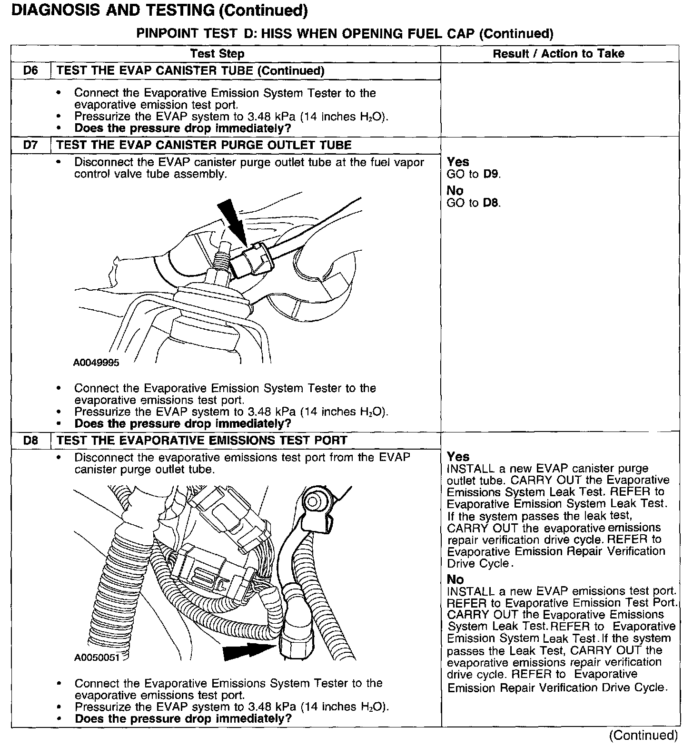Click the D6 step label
[30, 71]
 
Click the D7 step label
[30, 145]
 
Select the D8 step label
[30, 441]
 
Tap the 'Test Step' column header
[217, 54]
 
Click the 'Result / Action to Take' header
[558, 54]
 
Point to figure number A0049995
[96, 363]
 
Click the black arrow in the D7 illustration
[233, 221]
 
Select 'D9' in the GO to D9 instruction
[492, 174]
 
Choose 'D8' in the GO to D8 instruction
[492, 203]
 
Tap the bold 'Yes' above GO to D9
[458, 162]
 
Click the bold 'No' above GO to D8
[455, 191]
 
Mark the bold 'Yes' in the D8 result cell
[458, 457]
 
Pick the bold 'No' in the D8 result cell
[455, 579]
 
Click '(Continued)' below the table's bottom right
[643, 735]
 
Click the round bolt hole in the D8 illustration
[314, 501]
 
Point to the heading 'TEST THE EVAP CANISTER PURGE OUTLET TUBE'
[204, 145]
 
